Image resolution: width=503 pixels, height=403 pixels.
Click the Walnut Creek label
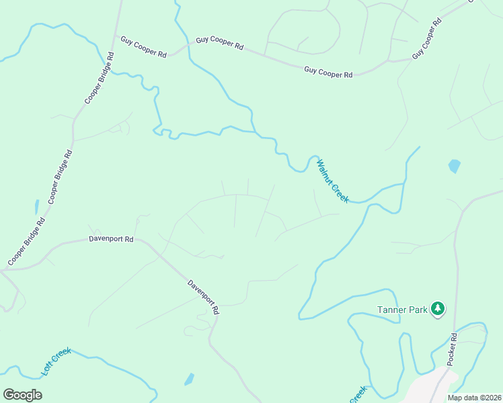pos(332,181)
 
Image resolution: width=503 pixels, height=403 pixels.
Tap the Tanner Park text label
pos(402,310)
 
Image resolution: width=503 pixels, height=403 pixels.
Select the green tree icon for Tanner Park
pos(438,308)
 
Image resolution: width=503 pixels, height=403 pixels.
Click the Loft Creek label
pos(56,361)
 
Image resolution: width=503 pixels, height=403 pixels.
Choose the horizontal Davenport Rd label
pos(111,238)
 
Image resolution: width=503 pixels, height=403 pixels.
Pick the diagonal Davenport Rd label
pos(203,297)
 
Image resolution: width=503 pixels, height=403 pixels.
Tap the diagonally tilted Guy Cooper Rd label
pos(427,38)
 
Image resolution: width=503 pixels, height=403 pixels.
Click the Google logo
pos(23,395)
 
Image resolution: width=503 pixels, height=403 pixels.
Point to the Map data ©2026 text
pos(474,398)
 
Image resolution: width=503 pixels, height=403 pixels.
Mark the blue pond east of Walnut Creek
pos(455,165)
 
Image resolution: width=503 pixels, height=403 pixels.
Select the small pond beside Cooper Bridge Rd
pos(36,206)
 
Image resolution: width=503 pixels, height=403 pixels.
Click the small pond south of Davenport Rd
pos(190,379)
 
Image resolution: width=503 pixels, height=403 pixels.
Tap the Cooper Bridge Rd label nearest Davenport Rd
pos(26,240)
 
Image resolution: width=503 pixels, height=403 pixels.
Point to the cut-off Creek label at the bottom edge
pos(357,395)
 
